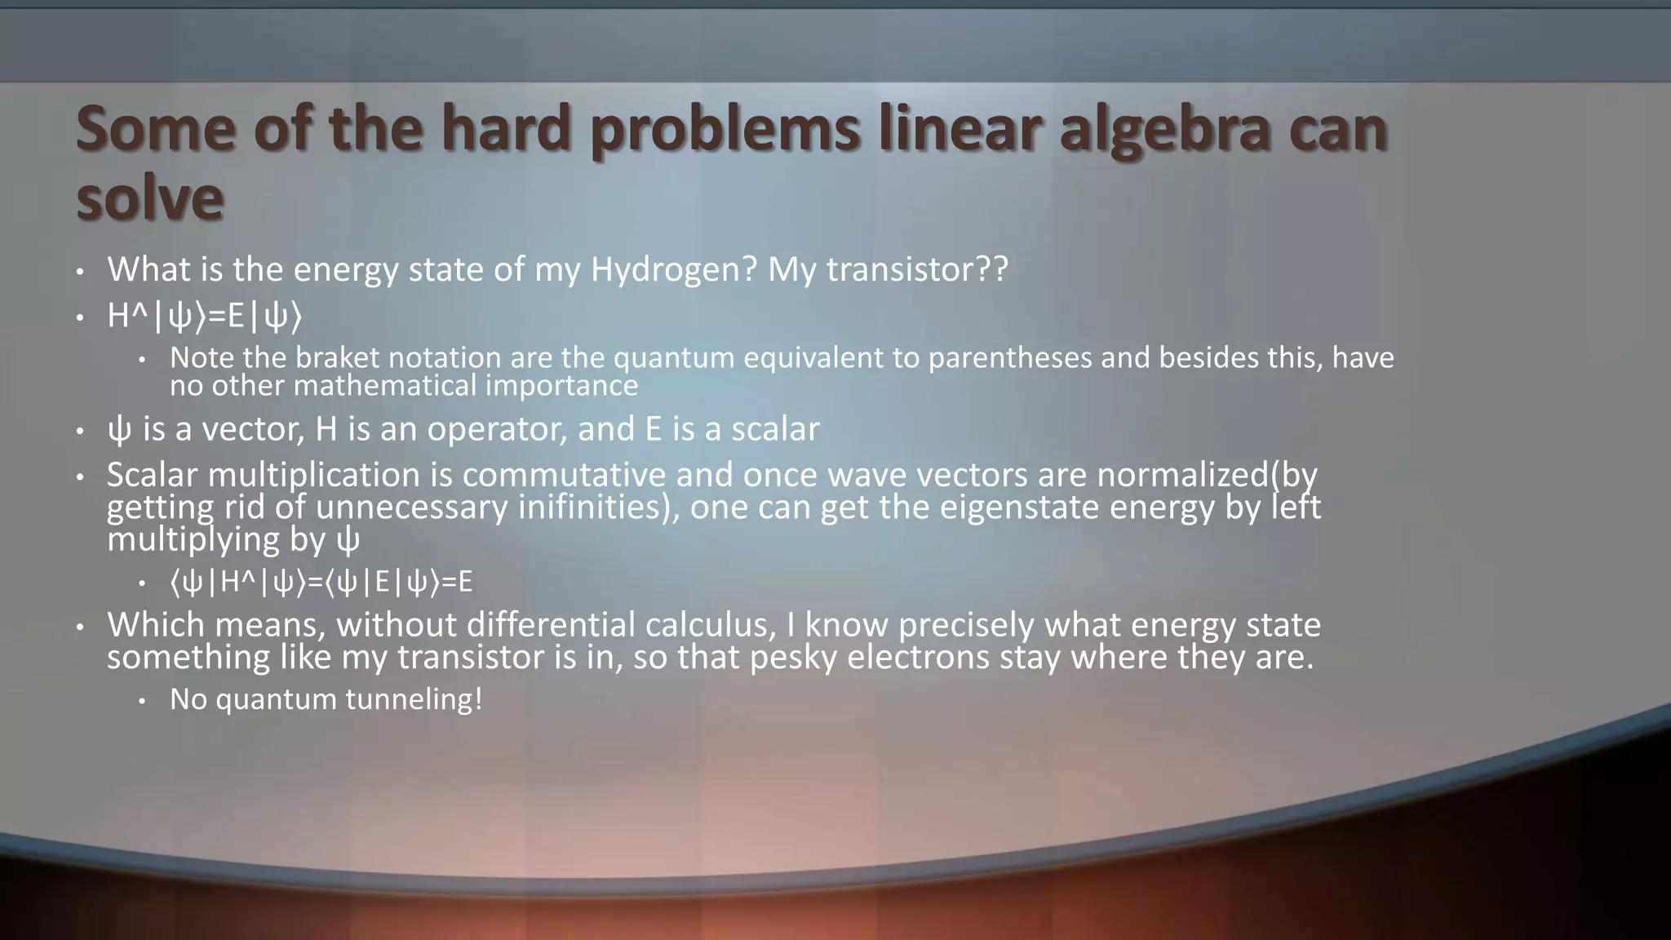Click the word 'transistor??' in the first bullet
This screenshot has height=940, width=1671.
[917, 269]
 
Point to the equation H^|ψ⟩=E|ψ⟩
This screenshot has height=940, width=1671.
[204, 317]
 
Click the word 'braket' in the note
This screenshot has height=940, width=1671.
[335, 357]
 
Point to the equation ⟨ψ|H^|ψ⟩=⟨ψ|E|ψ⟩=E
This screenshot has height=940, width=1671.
[321, 582]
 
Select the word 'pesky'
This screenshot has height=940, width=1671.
[793, 657]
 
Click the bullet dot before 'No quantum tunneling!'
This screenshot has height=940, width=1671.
[141, 700]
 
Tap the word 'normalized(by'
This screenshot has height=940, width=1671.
[1207, 474]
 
